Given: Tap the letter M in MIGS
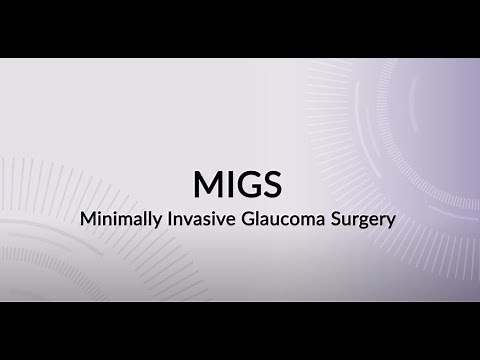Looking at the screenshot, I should coord(206,184).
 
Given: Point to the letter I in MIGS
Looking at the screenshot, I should coord(228,184).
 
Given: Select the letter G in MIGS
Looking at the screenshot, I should coord(248,184).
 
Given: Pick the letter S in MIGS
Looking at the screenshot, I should coord(271,184).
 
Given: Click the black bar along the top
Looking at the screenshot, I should coord(240,28).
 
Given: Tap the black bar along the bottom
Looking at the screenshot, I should coord(240,330).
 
